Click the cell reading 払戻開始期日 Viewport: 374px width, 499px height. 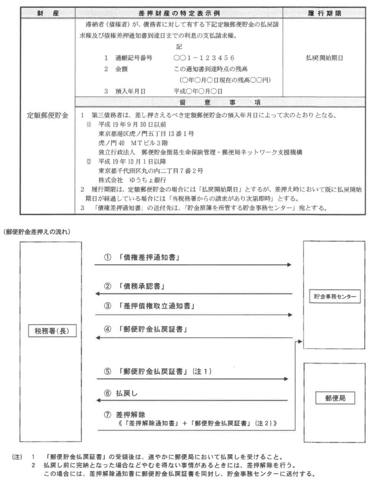323,58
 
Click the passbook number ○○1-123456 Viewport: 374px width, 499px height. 200,58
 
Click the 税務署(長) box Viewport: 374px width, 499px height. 51,331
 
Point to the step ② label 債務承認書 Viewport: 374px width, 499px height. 142,287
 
